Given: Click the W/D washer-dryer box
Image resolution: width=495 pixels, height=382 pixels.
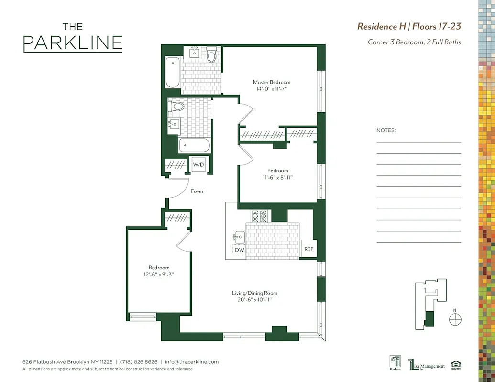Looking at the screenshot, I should (198, 165).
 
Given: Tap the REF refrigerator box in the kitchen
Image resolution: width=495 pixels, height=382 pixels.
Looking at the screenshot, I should (309, 249).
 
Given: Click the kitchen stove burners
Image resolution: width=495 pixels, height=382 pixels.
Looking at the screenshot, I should (259, 216).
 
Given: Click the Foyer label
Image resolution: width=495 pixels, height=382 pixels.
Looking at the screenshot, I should (197, 191).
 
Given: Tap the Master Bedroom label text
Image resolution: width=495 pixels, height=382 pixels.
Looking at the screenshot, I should (272, 82).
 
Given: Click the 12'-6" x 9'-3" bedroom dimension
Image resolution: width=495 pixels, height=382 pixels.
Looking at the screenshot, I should (159, 275).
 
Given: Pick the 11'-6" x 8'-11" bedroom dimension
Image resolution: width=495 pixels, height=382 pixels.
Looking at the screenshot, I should (277, 177).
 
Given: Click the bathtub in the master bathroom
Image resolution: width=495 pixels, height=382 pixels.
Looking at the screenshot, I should (173, 72).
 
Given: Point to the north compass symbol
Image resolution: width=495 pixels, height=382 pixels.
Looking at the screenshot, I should (455, 319).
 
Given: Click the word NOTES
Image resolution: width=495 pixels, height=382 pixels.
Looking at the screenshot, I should (386, 130).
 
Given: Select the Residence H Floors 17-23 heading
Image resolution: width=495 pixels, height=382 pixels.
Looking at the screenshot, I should (409, 26).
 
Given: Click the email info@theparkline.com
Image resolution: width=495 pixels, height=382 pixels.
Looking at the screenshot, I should (191, 362).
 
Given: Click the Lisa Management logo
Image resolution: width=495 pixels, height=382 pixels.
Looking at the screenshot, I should (427, 365).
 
